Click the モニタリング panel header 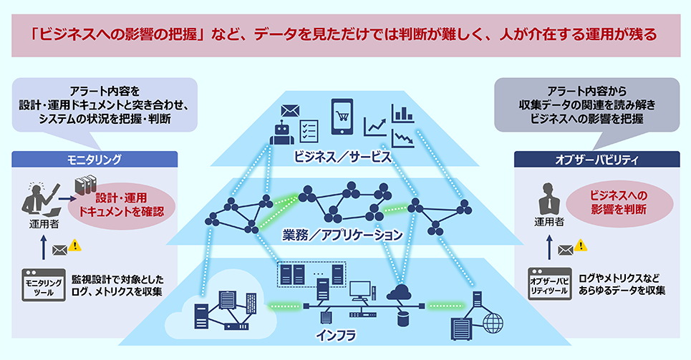pos(94,159)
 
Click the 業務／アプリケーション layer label pos(342,233)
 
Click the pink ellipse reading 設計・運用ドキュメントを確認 pos(122,203)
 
